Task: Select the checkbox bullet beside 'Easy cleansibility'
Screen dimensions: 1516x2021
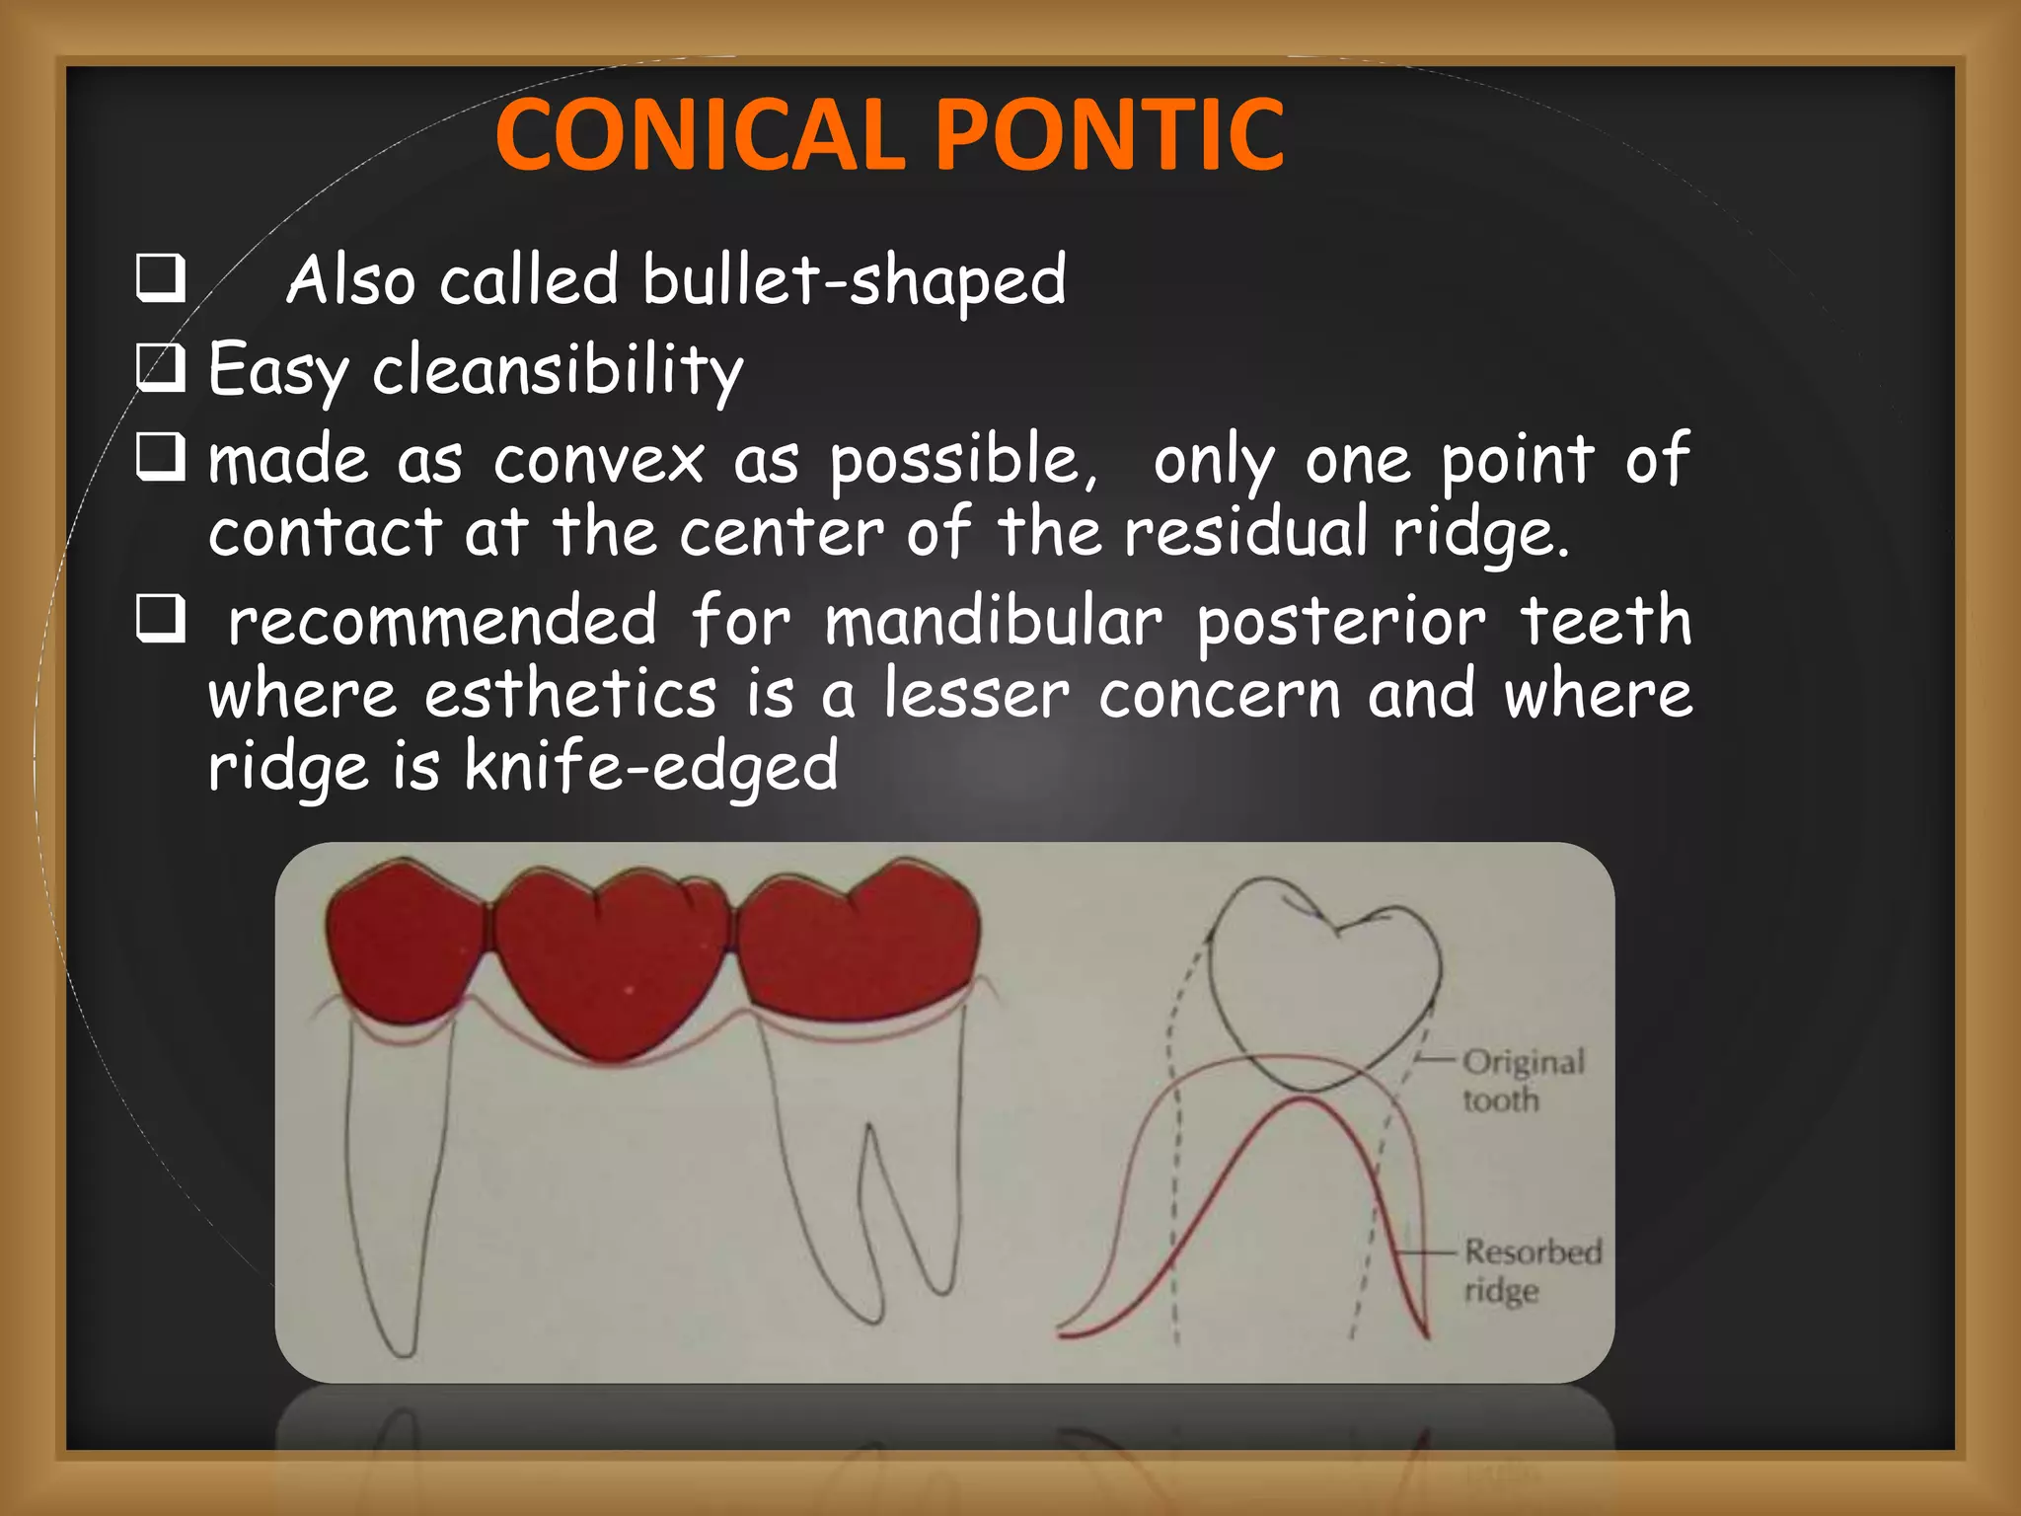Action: [x=160, y=368]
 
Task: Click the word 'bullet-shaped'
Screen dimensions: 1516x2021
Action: [x=854, y=280]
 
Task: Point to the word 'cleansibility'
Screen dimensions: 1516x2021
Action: [x=558, y=370]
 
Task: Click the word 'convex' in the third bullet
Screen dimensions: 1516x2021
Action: [x=599, y=461]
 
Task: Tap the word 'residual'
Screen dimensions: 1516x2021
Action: [x=1246, y=532]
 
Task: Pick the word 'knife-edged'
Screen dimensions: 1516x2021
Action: [x=651, y=767]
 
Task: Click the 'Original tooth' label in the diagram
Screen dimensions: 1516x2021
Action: [x=1522, y=1081]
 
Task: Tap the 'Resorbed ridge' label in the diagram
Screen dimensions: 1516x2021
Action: [x=1531, y=1270]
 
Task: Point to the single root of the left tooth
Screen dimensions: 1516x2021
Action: [x=395, y=1184]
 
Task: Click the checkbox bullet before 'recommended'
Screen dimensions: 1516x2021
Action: [x=160, y=621]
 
